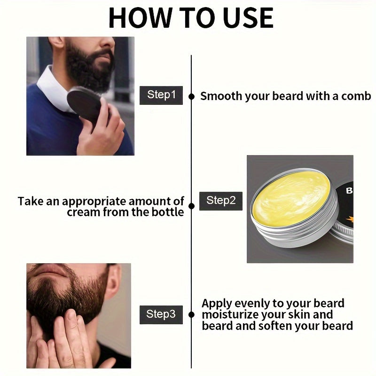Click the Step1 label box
tap(161, 95)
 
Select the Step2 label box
tap(221, 201)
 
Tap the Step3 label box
tap(161, 314)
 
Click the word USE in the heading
tap(248, 18)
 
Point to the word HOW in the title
tap(141, 18)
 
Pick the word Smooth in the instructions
tap(221, 96)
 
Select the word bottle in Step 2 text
tap(169, 212)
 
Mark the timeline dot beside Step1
tap(191, 96)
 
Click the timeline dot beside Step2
tap(191, 206)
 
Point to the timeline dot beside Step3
tap(191, 314)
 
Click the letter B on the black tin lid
tap(349, 191)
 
